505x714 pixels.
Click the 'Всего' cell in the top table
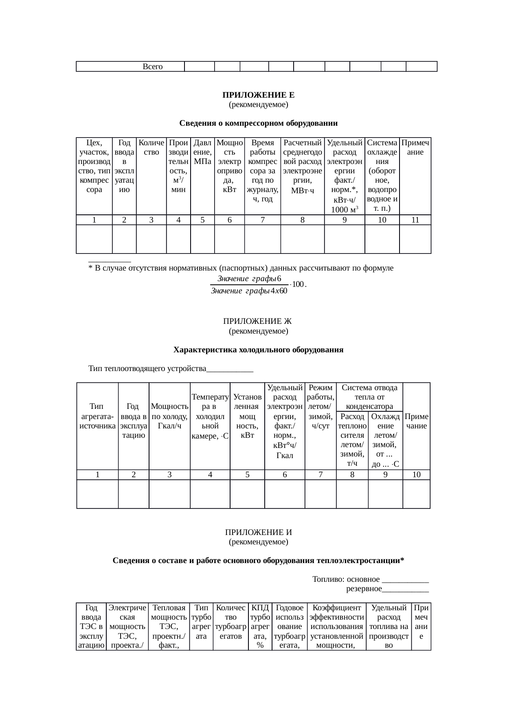tap(153, 66)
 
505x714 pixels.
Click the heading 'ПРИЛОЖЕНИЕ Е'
tap(258, 95)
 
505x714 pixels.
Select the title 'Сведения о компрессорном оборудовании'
tap(258, 123)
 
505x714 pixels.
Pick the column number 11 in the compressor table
tap(415, 220)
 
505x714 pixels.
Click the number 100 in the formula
tap(298, 284)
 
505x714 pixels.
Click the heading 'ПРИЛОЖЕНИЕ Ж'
tap(258, 321)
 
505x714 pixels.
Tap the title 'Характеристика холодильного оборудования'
tap(258, 350)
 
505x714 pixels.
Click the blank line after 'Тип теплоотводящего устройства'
tap(230, 369)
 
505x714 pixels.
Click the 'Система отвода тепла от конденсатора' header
tap(369, 397)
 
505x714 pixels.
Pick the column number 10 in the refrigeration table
tap(416, 474)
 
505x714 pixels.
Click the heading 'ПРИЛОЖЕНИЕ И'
tap(258, 533)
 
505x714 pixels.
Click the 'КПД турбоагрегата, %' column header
tap(260, 626)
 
